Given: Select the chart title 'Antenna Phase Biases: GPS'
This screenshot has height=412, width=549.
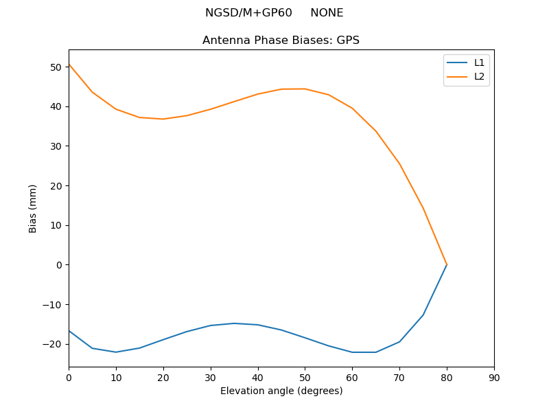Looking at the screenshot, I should (281, 41).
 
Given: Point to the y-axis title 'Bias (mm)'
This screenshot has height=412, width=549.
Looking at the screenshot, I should (33, 208).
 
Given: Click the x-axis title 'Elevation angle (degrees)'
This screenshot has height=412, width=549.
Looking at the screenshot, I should (281, 391).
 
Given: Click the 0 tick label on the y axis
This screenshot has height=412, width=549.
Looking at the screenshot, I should (60, 265).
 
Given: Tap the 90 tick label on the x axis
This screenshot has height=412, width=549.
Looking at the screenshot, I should (494, 378).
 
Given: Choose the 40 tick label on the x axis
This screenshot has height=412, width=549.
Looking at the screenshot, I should (258, 378).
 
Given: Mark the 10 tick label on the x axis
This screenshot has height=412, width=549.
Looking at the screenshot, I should (116, 378).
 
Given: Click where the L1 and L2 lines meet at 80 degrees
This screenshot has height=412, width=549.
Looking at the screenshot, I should (447, 265).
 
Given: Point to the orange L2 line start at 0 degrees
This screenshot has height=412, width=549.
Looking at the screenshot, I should (69, 65).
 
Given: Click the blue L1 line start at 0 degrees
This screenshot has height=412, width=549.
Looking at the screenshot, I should (69, 331).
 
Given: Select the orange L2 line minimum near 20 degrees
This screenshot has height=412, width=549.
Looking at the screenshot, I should (163, 119).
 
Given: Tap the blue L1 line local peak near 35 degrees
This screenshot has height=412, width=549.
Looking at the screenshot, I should (234, 323).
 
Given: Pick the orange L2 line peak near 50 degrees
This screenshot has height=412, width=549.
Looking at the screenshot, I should (305, 89).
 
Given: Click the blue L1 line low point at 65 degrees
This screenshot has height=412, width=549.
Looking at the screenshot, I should (375, 352).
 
